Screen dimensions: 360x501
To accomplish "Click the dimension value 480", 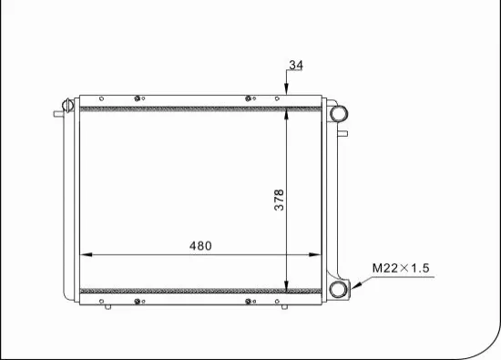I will (x=200, y=246).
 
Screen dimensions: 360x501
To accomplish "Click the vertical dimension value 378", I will (x=280, y=200).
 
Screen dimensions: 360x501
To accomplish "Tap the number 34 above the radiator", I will (x=295, y=66).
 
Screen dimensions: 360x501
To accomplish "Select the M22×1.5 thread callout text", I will (x=400, y=268).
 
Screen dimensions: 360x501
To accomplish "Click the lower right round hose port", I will (x=339, y=290).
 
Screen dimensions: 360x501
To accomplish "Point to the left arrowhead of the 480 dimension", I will (x=87, y=255).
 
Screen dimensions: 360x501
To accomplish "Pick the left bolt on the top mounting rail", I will (x=137, y=98).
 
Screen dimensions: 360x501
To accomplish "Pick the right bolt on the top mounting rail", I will (x=248, y=98).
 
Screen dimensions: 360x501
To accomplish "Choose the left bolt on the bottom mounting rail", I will (x=137, y=302).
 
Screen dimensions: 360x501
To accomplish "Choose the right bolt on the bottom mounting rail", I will (x=248, y=302).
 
